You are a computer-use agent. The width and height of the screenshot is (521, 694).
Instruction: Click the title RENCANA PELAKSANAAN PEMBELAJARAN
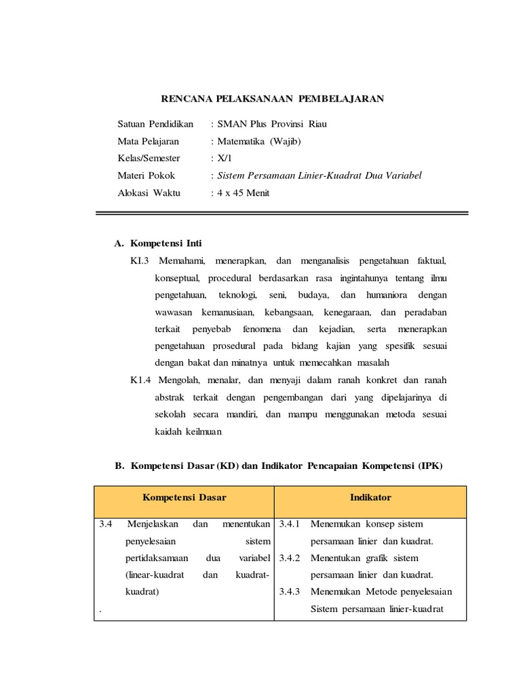(x=272, y=99)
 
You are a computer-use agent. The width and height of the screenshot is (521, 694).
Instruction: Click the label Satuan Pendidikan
(x=155, y=124)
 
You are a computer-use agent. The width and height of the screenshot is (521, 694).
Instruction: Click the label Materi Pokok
(x=146, y=175)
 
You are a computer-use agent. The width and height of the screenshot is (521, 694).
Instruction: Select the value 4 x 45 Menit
(x=244, y=192)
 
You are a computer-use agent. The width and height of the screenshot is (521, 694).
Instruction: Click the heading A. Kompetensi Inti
(x=158, y=243)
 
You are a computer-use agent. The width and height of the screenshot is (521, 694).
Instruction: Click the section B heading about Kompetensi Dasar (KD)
(x=278, y=466)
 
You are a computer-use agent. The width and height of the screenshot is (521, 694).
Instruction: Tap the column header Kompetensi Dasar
(x=184, y=497)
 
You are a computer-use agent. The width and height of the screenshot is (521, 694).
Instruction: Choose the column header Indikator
(x=370, y=497)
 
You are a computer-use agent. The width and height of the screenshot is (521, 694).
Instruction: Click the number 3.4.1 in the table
(x=290, y=524)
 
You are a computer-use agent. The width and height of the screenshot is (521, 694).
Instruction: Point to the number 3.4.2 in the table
(x=290, y=558)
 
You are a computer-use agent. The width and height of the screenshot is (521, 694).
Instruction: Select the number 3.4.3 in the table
(x=290, y=592)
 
